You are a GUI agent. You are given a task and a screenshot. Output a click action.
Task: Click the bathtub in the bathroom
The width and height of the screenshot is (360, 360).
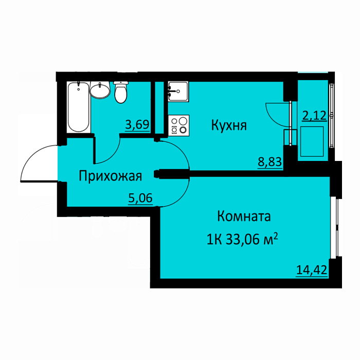(x=78, y=107)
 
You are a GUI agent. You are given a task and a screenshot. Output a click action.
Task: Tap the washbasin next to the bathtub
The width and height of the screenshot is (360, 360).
(x=100, y=90)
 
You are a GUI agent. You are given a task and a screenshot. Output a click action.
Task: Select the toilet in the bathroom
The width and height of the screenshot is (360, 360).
(x=121, y=92)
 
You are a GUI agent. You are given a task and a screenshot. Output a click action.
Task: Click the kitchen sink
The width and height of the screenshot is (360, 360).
(x=178, y=92)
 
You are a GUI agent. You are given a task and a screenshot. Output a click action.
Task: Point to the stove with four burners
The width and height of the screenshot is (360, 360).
(x=178, y=125)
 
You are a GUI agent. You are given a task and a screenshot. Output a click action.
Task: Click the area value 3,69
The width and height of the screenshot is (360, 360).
(x=137, y=125)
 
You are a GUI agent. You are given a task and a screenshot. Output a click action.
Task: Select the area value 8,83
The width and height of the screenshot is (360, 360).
(x=270, y=162)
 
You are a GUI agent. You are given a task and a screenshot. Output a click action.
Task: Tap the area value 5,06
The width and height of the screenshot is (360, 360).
(x=140, y=198)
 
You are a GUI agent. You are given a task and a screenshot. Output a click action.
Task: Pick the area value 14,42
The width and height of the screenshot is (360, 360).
(x=312, y=270)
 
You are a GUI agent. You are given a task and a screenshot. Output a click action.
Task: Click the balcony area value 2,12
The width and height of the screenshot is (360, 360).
(x=314, y=116)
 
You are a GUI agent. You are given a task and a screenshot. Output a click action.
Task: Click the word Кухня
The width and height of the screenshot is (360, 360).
(x=229, y=125)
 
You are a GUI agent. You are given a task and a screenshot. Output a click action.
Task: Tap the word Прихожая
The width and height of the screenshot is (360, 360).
(x=111, y=176)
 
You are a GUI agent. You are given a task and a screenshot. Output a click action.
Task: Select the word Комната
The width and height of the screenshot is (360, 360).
(x=244, y=217)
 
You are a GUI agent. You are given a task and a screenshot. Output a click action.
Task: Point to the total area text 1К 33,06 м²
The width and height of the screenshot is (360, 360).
(x=242, y=240)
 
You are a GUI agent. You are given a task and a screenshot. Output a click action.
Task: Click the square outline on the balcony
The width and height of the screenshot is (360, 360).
(x=312, y=141)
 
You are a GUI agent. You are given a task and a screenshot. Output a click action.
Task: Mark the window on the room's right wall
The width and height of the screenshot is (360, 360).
(x=336, y=227)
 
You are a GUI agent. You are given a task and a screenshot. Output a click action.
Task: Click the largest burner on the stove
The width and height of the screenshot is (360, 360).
(x=184, y=121)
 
